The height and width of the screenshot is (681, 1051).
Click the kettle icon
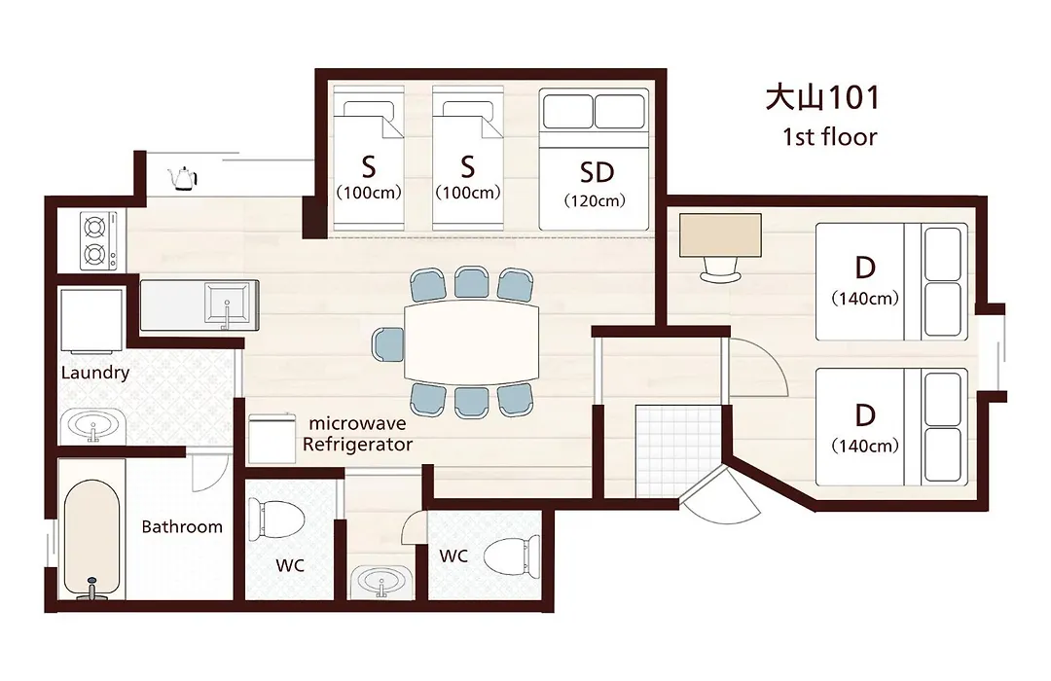[182, 178]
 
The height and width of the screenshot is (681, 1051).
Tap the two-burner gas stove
[98, 240]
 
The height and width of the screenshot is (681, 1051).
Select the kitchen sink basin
[227, 305]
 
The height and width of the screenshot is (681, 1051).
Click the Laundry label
[95, 373]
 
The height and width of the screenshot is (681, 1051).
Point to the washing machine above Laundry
[91, 320]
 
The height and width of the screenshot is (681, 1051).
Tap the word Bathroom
[182, 527]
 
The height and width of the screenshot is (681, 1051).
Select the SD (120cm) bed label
[596, 183]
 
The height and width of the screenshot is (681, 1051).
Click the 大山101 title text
[821, 97]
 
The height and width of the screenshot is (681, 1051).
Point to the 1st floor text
[829, 137]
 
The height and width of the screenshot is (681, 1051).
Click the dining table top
[472, 341]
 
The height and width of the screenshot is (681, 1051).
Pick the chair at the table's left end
[388, 345]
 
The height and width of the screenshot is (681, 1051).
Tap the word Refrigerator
[357, 445]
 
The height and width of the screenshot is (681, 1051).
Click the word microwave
[357, 423]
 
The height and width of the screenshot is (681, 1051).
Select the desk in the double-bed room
[720, 235]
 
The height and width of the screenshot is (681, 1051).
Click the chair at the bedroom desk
[720, 269]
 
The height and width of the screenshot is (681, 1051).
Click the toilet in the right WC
[512, 554]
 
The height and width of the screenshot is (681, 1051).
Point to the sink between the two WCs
[381, 581]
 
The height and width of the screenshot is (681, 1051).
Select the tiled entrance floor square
[678, 451]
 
